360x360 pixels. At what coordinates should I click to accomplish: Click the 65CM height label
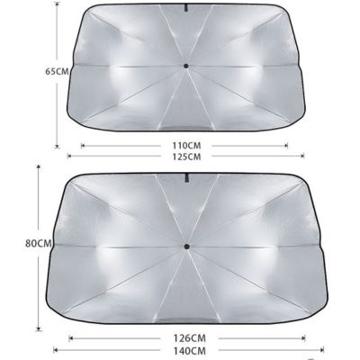pos(57,71)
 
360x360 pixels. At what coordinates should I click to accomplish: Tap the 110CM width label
pos(186,146)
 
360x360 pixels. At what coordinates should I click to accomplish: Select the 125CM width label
pos(186,157)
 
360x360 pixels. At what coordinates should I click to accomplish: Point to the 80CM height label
pos(39,243)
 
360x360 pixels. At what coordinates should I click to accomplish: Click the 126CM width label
pos(190,338)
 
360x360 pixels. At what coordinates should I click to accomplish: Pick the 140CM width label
pos(190,350)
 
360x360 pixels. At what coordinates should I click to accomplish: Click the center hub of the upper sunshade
pos(186,66)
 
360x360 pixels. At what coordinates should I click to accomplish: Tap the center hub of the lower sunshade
pos(186,247)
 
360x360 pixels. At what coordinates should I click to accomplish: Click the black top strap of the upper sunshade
pos(186,8)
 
